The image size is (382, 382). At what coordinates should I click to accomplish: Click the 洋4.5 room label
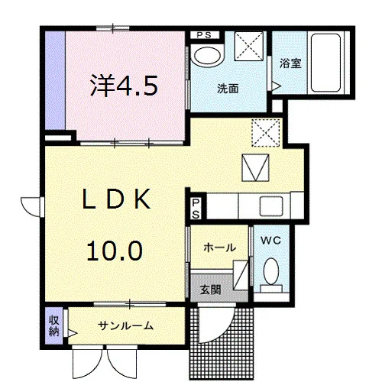[x=124, y=86]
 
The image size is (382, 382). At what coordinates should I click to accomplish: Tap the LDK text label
[x=116, y=199]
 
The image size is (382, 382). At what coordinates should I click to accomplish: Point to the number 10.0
[x=115, y=251]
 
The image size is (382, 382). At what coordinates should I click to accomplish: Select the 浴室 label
[x=290, y=63]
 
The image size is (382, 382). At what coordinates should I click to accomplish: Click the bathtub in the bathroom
[x=325, y=63]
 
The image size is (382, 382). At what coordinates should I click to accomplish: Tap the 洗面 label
[x=228, y=89]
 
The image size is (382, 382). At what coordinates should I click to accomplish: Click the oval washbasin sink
[x=207, y=57]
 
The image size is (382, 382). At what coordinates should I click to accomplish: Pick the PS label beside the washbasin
[x=204, y=35]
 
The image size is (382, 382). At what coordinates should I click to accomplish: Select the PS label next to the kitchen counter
[x=196, y=209]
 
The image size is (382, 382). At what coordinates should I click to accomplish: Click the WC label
[x=270, y=241]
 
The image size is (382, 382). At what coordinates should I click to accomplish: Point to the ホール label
[x=219, y=248]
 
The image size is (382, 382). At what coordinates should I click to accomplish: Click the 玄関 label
[x=211, y=290]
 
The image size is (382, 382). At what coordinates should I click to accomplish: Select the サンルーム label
[x=125, y=325]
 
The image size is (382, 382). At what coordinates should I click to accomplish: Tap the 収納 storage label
[x=53, y=325]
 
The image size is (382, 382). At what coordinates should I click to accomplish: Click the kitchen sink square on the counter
[x=271, y=206]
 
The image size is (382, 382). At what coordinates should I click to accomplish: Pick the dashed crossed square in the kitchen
[x=266, y=133]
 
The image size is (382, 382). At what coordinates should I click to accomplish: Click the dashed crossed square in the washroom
[x=249, y=46]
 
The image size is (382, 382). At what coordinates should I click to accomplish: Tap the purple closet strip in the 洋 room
[x=55, y=80]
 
